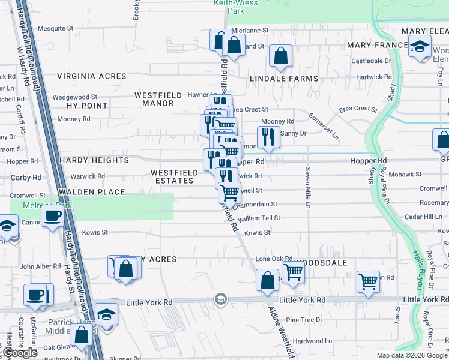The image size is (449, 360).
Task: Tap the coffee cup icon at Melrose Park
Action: click(x=52, y=215)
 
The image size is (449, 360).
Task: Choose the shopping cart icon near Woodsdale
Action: click(x=293, y=272)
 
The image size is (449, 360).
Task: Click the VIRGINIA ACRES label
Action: click(x=92, y=76)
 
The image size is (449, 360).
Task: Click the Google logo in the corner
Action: click(x=20, y=353)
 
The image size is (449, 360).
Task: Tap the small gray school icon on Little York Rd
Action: click(x=221, y=299)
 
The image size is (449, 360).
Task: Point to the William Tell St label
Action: click(x=259, y=219)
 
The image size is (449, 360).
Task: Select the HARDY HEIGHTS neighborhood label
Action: click(x=94, y=161)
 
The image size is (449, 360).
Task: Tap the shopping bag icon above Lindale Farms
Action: click(x=280, y=56)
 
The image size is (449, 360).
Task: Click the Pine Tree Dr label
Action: click(x=304, y=320)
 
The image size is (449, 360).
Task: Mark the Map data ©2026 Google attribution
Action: click(x=412, y=355)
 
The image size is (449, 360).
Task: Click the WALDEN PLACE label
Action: click(x=92, y=192)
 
